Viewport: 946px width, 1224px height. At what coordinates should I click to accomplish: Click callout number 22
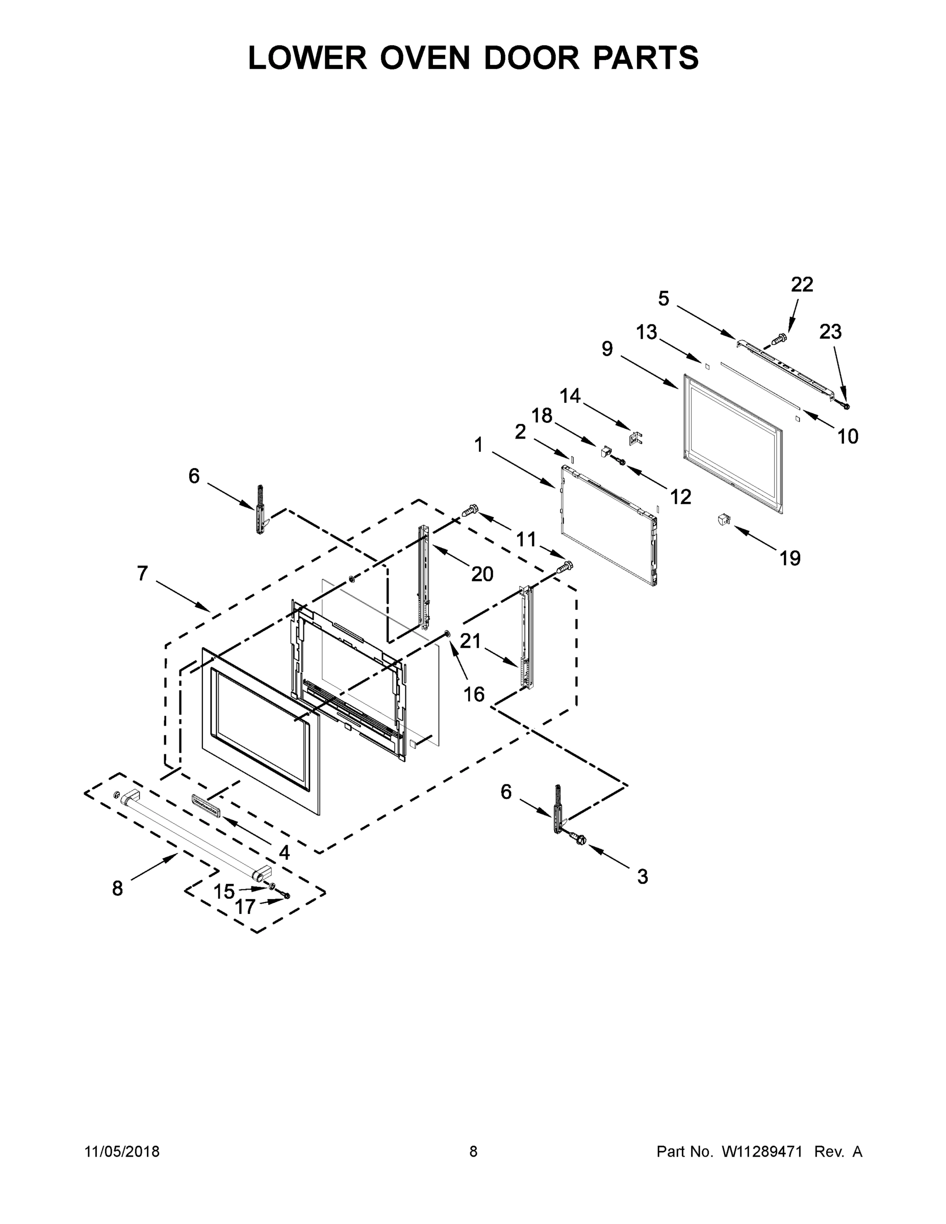(801, 285)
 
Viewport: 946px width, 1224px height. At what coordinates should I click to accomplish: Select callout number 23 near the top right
(830, 333)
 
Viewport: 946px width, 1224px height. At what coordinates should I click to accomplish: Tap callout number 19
(789, 558)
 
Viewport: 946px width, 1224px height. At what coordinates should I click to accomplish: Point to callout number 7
(142, 573)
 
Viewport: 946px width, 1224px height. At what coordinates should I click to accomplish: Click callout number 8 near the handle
(117, 889)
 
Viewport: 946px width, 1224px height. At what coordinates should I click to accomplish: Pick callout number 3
(642, 877)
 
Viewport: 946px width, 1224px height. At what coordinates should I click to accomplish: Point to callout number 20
(482, 574)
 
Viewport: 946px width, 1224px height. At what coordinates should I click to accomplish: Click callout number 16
(474, 695)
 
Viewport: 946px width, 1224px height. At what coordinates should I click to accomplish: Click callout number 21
(470, 641)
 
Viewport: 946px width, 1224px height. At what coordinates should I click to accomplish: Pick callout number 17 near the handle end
(245, 907)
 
